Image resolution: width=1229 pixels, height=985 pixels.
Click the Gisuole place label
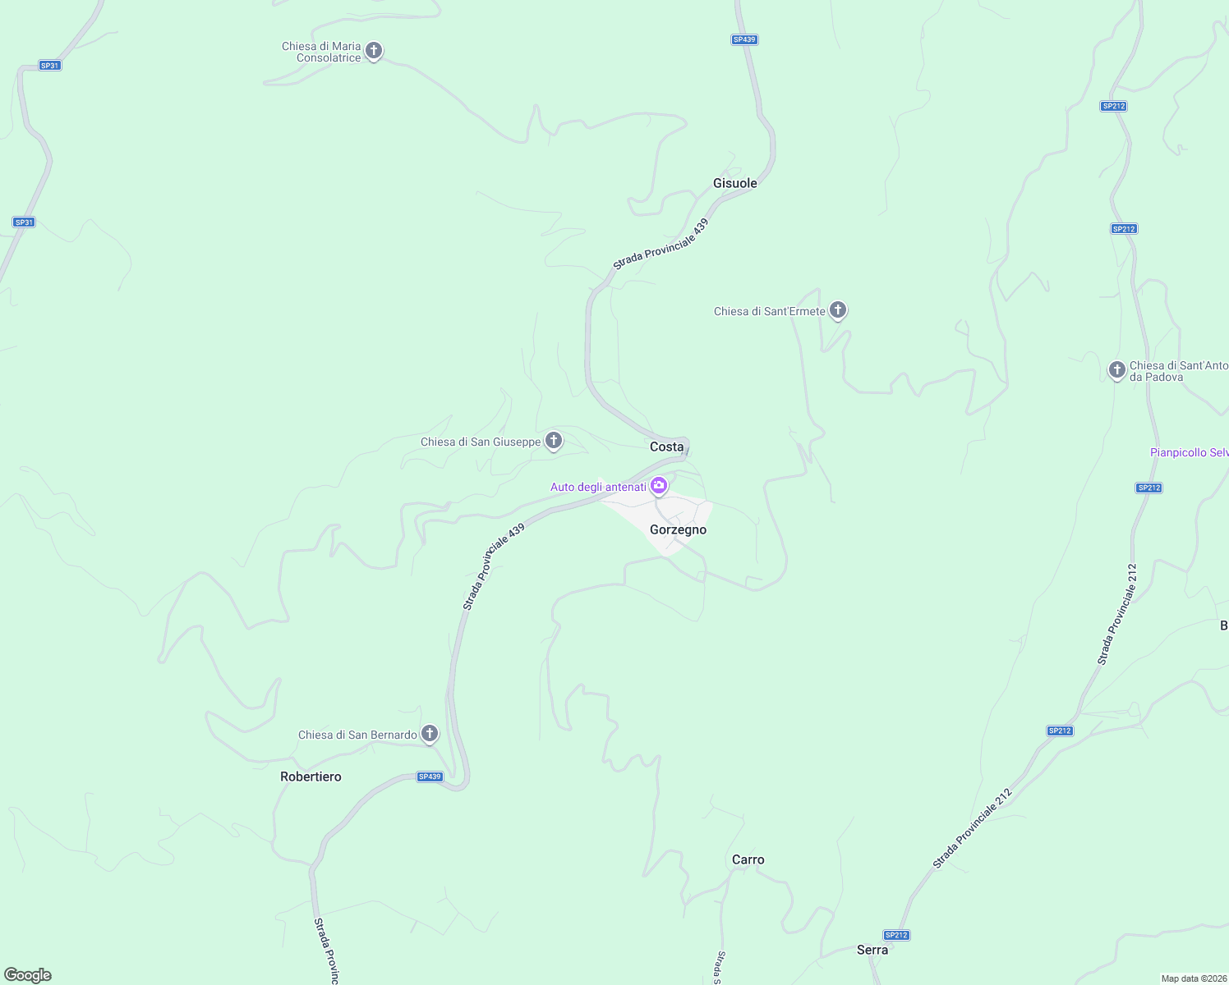pos(734,183)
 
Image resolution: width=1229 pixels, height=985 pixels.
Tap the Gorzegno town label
pos(678,529)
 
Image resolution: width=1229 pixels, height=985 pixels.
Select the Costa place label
pos(666,447)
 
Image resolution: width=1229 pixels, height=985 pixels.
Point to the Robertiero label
pos(311,777)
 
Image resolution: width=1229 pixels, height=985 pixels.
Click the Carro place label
pos(748,859)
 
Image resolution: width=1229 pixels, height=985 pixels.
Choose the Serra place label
pos(872,950)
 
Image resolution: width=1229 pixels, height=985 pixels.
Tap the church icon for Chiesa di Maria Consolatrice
pos(374,51)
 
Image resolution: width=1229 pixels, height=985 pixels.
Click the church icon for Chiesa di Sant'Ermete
pos(838,309)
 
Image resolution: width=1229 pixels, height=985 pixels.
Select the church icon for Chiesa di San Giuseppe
pos(554,441)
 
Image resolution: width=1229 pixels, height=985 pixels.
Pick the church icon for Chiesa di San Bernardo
pos(430,733)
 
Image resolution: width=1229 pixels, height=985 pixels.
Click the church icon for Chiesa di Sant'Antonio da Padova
pos(1116,370)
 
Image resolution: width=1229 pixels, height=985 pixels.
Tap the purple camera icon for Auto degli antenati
pos(659,486)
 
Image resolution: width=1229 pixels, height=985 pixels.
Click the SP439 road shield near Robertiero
pos(430,777)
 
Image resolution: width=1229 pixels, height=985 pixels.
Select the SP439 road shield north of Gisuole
pos(743,39)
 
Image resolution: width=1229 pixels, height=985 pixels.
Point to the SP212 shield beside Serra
pos(896,935)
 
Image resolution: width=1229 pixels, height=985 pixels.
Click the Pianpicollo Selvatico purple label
pos(1189,452)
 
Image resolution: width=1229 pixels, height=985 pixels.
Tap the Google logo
pos(28,975)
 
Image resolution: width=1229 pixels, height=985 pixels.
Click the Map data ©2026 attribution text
pos(1194,978)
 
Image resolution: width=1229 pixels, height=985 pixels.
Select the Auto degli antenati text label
pos(598,487)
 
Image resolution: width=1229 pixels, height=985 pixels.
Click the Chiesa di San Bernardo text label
pos(357,735)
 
